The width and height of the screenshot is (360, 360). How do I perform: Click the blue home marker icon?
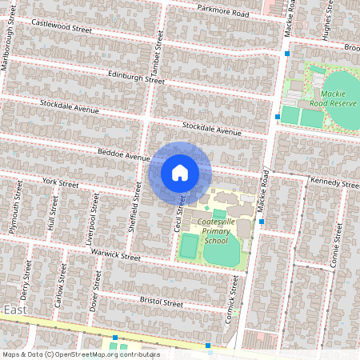[x=180, y=172]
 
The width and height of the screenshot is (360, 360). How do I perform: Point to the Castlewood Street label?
[x=62, y=26]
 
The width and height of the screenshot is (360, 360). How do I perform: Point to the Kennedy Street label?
[x=334, y=184]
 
